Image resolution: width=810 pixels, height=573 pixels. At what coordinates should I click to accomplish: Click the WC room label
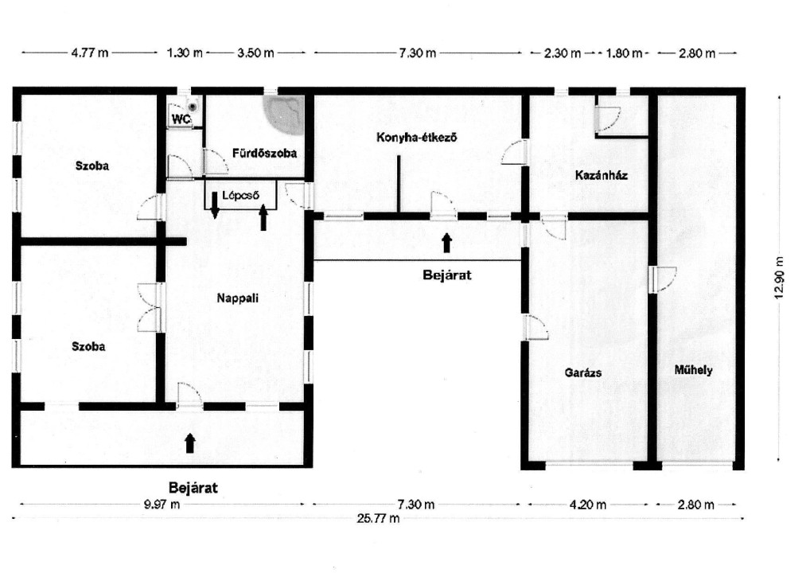[181, 119]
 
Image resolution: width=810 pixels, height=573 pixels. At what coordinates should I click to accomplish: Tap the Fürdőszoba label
[264, 153]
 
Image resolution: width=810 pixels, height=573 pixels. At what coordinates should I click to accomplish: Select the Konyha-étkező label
[416, 138]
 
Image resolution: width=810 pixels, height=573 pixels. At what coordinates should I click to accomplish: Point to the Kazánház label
[602, 175]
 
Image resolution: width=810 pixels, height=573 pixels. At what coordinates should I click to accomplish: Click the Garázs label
[583, 372]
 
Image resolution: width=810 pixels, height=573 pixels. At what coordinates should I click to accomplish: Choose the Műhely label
[693, 370]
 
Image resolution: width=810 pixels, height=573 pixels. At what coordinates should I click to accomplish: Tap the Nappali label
[238, 298]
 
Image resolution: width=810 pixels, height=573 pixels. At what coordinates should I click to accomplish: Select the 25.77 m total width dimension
[378, 518]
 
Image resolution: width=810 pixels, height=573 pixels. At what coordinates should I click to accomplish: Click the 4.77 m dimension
[90, 53]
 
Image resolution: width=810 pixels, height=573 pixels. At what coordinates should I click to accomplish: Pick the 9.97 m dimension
[162, 505]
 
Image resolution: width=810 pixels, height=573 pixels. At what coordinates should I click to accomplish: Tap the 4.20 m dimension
[588, 505]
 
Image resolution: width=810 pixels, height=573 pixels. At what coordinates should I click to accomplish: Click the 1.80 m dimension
[624, 53]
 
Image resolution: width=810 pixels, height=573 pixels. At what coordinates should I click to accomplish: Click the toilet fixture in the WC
[193, 107]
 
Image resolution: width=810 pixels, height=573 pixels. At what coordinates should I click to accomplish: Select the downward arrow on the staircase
[215, 205]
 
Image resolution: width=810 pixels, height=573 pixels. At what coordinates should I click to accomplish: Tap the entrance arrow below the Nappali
[190, 443]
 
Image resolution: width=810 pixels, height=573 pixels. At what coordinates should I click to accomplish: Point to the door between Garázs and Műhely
[661, 279]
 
